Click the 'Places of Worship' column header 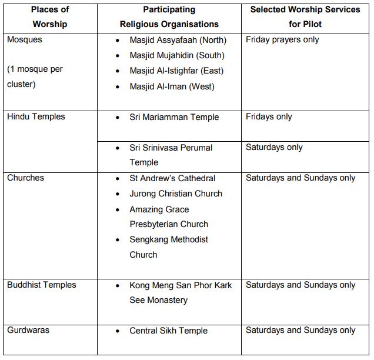pyautogui.click(x=50, y=17)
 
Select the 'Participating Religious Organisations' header pyautogui.click(x=169, y=17)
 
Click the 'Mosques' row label pyautogui.click(x=25, y=40)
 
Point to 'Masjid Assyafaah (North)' pyautogui.click(x=178, y=41)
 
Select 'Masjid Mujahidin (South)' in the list pyautogui.click(x=176, y=56)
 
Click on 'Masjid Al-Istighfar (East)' pyautogui.click(x=176, y=71)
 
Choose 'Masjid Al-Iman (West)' pyautogui.click(x=172, y=86)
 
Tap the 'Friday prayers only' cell pyautogui.click(x=282, y=40)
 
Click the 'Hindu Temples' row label pyautogui.click(x=36, y=116)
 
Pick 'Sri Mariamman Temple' pyautogui.click(x=174, y=117)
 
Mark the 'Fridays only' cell pyautogui.click(x=269, y=116)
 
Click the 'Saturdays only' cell pyautogui.click(x=274, y=147)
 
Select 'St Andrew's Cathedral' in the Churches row pyautogui.click(x=172, y=178)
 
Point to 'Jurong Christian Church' pyautogui.click(x=176, y=194)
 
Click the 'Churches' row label pyautogui.click(x=25, y=178)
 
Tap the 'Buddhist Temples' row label pyautogui.click(x=42, y=285)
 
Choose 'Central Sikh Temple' pyautogui.click(x=168, y=331)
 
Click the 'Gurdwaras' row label pyautogui.click(x=28, y=330)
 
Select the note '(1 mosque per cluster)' pyautogui.click(x=35, y=76)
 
